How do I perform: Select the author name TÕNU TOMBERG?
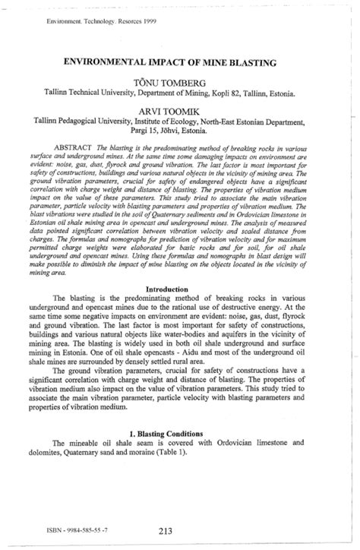point(180,81)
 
